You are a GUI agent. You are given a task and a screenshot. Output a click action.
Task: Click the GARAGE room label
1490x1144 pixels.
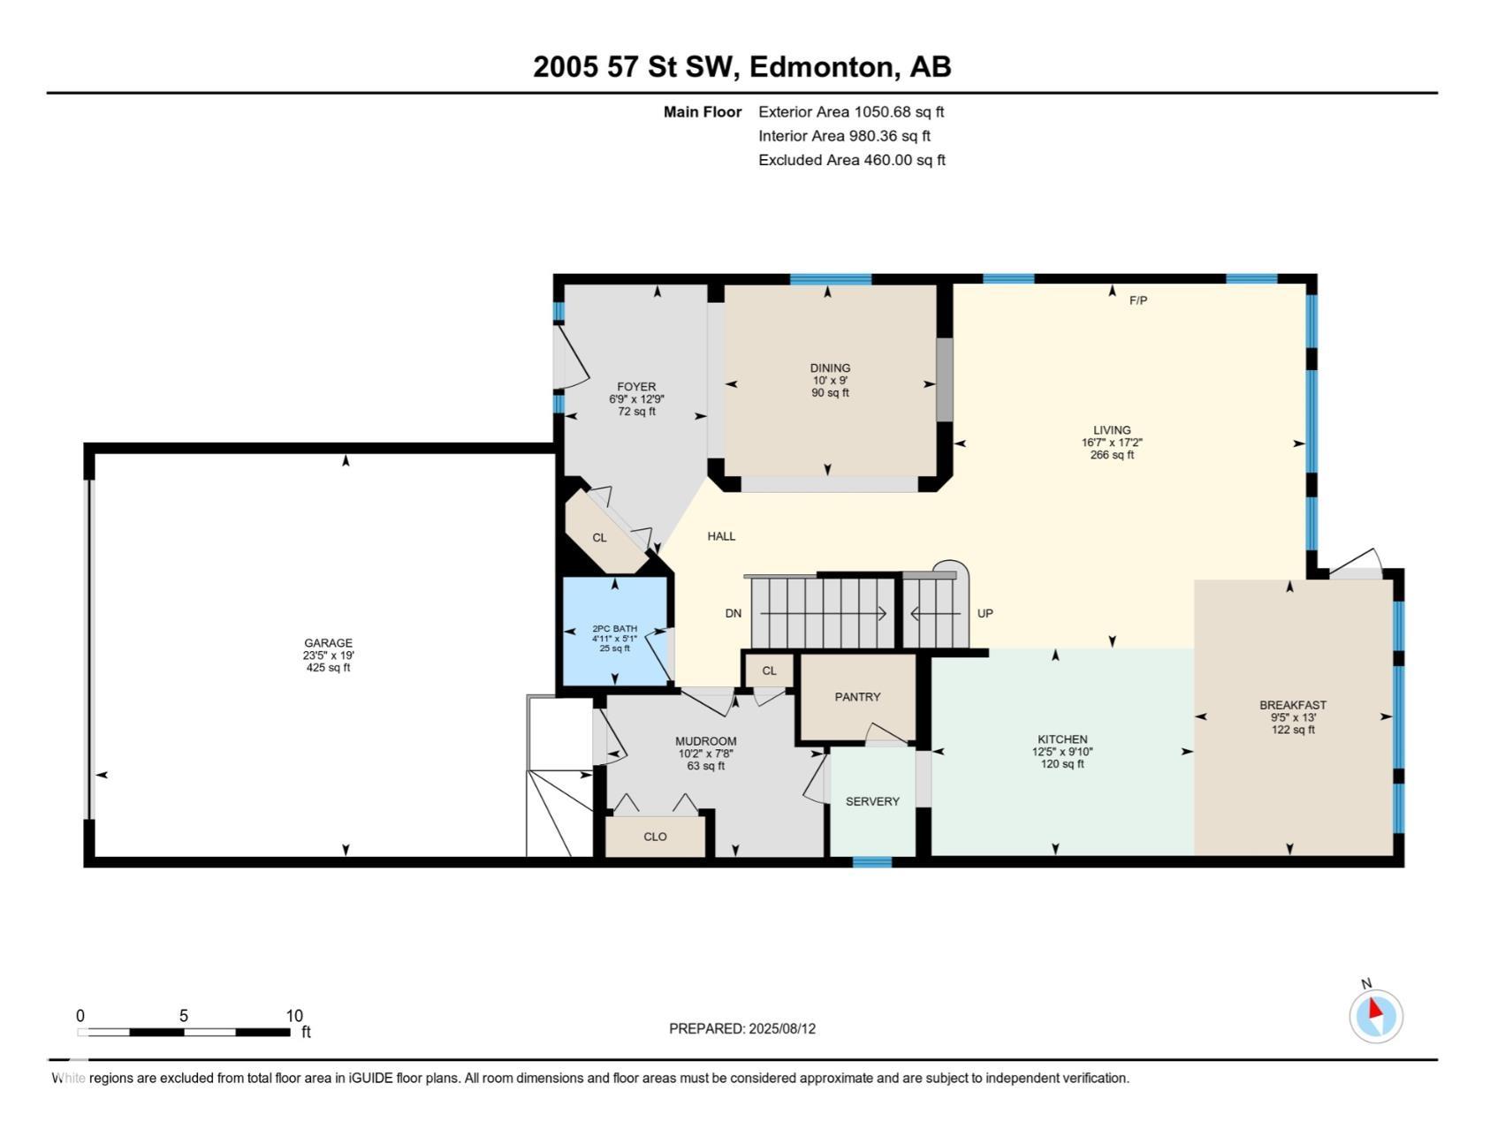coord(328,643)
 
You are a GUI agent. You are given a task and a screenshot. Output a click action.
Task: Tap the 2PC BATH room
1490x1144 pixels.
coord(615,631)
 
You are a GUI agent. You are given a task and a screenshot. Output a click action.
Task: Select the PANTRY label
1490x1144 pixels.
coord(857,697)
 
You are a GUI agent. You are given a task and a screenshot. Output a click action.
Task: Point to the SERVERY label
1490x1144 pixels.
coord(872,801)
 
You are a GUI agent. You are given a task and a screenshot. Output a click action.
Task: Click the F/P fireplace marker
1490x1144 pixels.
coord(1138,300)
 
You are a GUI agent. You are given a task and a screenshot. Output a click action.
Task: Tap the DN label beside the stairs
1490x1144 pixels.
coord(734,613)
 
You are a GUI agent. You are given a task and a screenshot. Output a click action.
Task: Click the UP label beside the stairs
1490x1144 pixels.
coord(985,613)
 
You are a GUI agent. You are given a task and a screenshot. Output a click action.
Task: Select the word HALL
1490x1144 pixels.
coord(721,536)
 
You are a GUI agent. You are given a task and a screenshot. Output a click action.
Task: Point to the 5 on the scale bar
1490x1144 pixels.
coord(184,1016)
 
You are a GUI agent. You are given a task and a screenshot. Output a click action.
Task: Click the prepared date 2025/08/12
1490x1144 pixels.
coord(782,1028)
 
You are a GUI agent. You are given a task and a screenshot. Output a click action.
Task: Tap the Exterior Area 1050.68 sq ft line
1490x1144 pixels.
coord(851,112)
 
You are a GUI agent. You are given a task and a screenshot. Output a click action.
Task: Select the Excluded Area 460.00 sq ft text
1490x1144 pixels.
coord(852,160)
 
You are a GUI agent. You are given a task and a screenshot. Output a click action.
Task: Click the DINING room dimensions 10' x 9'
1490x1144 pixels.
coord(830,381)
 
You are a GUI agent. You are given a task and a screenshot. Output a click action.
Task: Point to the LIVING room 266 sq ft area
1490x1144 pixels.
coord(1112,455)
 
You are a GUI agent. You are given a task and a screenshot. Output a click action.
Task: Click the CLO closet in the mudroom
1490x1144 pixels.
coord(655,837)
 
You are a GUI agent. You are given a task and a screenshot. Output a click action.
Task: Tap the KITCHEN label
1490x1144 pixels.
coord(1062,739)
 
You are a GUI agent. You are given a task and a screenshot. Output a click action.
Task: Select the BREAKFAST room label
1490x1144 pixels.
coord(1293,705)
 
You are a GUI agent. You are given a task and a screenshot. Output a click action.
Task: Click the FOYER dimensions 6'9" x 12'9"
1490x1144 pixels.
coord(636,399)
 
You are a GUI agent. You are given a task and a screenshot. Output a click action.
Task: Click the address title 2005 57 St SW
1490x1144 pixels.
coord(635,67)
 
